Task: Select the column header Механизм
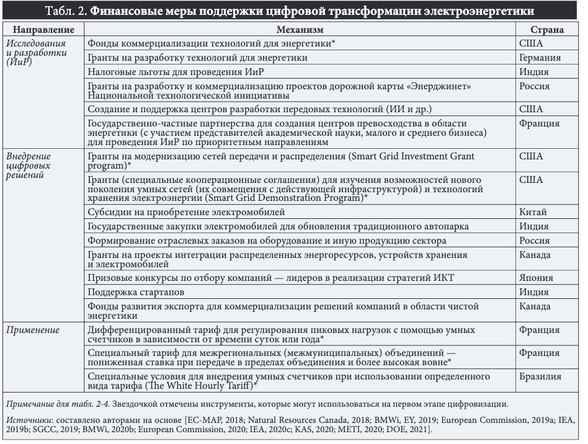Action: (x=301, y=29)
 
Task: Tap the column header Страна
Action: (x=546, y=29)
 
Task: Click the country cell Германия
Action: (x=540, y=58)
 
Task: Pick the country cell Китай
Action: (x=532, y=212)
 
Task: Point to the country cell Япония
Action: (x=536, y=278)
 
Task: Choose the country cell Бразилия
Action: (x=540, y=376)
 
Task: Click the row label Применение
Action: (x=33, y=330)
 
